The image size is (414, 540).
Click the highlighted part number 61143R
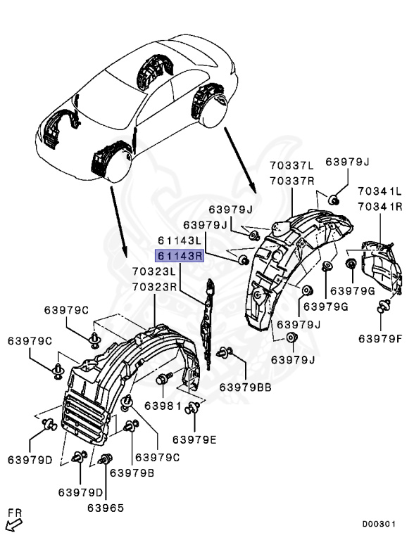pyautogui.click(x=180, y=256)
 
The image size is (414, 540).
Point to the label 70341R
pyautogui.click(x=379, y=206)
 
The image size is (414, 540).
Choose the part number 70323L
pyautogui.click(x=154, y=271)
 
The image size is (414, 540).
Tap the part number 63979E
pyautogui.click(x=202, y=440)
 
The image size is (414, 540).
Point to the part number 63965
pyautogui.click(x=106, y=507)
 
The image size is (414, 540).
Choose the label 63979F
pyautogui.click(x=379, y=338)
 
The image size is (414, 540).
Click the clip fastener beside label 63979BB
pyautogui.click(x=225, y=353)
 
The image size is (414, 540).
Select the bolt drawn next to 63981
pyautogui.click(x=163, y=380)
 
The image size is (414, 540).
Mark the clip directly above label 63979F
pyautogui.click(x=383, y=305)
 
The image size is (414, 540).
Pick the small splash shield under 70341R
pyautogui.click(x=381, y=271)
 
